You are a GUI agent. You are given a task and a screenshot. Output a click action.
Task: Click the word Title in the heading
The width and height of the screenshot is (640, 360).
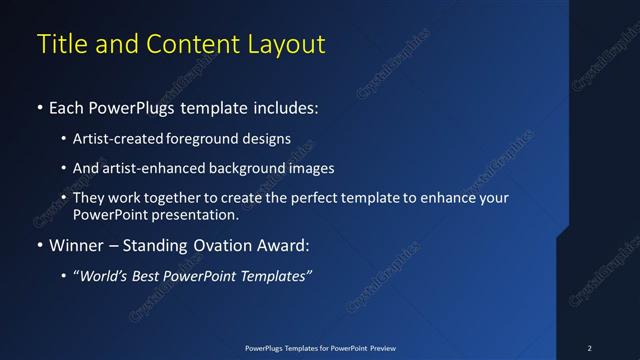point(59,45)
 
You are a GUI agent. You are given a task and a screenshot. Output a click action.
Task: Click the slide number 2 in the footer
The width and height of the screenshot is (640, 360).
point(589,348)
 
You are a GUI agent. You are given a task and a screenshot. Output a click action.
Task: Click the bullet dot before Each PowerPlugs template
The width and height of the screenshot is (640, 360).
point(39,107)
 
